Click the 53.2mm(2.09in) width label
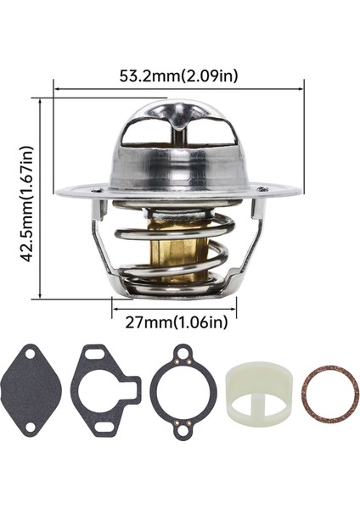click(178, 76)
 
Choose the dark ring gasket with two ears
click(183, 390)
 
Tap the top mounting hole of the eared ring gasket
click(183, 351)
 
